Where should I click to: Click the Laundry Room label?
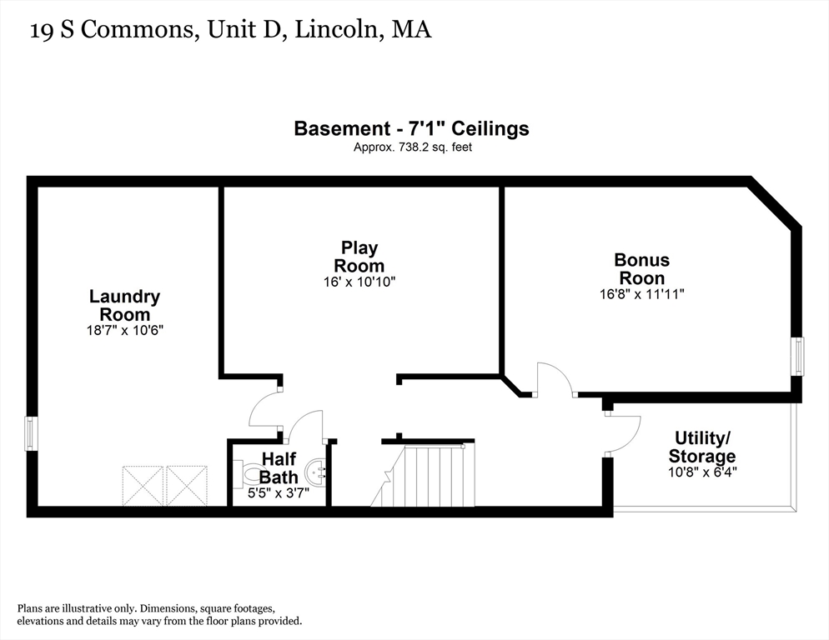pos(125,306)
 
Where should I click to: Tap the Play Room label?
pos(359,257)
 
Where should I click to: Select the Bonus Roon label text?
pos(642,269)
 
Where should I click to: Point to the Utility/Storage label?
pos(702,447)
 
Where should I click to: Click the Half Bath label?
pos(279,467)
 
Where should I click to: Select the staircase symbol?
pos(423,474)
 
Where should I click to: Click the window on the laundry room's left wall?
pos(31,433)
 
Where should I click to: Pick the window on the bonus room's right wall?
pos(797,356)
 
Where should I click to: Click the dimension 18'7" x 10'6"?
pos(125,331)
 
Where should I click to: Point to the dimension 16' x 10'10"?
pos(359,282)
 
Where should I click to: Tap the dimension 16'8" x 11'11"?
pos(642,294)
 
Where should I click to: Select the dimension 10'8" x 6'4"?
pos(702,472)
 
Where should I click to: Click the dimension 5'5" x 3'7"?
pos(279,493)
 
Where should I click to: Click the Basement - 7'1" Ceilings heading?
pos(411,129)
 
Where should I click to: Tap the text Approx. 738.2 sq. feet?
pos(412,147)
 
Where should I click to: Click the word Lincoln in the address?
pos(337,30)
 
